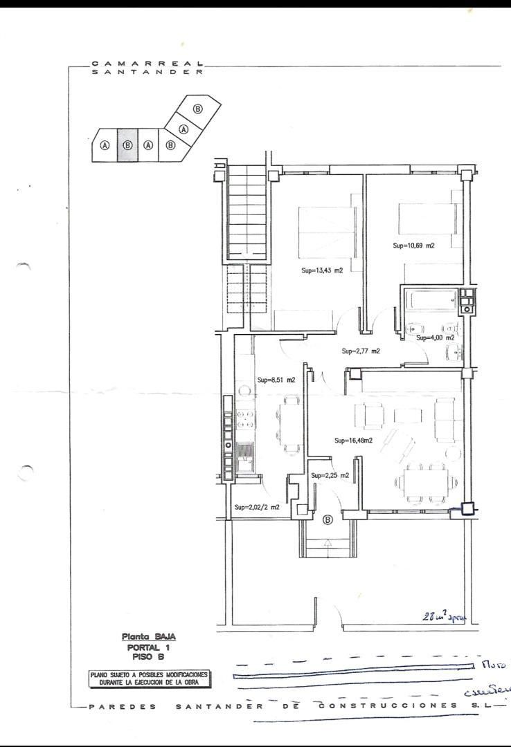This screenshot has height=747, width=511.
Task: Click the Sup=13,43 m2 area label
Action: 322,270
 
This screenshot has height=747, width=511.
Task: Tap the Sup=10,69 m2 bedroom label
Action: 413,246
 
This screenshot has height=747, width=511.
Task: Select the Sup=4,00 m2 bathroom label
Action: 435,338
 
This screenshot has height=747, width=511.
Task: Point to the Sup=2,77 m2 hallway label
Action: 361,351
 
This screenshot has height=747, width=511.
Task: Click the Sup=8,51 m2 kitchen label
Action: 276,380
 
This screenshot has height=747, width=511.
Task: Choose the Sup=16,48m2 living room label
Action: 353,441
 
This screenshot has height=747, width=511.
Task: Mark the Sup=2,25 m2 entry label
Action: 330,475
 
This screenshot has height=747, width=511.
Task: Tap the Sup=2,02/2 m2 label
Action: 257,507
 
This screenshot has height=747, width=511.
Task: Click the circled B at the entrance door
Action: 328,519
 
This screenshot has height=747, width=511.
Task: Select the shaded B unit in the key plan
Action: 127,145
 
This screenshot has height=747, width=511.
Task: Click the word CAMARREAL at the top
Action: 147,63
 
